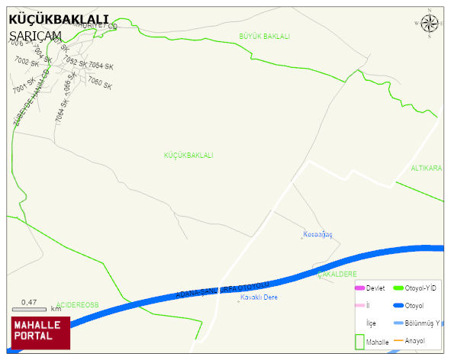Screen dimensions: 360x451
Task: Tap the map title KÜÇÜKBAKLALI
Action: pos(58,19)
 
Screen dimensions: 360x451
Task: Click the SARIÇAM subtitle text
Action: pos(36,35)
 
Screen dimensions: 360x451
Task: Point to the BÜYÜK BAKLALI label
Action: pos(264,37)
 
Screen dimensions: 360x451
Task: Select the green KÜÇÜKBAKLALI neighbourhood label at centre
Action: pos(188,156)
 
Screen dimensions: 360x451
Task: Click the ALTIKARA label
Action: pos(427,168)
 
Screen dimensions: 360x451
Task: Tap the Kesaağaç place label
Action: pos(317,234)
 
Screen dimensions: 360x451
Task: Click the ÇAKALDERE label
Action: pos(337,273)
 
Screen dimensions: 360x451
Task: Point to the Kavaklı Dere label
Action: pos(258,297)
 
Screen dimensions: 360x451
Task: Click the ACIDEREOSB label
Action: pos(78,305)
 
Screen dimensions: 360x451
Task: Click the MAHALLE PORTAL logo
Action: pos(40,333)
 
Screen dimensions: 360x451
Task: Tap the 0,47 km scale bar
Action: pos(31,306)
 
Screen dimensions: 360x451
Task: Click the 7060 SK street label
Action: pos(100,82)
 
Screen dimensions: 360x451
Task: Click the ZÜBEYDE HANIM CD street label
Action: pos(30,98)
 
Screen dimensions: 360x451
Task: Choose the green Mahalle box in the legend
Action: pos(360,341)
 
